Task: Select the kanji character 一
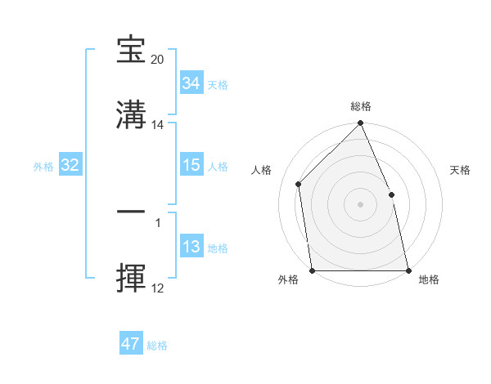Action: (x=131, y=211)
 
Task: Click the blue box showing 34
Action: (x=191, y=83)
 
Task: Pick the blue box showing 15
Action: (x=191, y=165)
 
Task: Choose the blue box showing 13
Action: (x=191, y=248)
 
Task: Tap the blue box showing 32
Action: (x=70, y=166)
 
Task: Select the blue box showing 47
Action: (x=130, y=344)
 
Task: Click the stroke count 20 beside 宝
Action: (x=158, y=60)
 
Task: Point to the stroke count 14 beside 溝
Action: (x=158, y=125)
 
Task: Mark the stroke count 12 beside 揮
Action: (x=158, y=288)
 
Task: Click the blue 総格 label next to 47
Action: (x=157, y=346)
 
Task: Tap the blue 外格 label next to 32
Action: (x=43, y=167)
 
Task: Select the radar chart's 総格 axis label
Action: (x=361, y=106)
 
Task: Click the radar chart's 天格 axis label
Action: (x=461, y=170)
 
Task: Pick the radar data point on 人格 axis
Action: (x=299, y=184)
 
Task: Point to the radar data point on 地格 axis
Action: (x=408, y=270)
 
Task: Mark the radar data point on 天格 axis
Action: (x=391, y=194)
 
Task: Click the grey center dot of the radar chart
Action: (x=361, y=204)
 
